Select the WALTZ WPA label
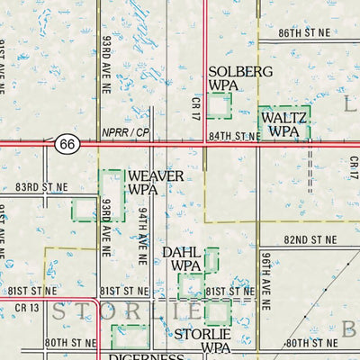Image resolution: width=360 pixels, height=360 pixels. (283, 124)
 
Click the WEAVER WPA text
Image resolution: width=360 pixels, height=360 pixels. (156, 183)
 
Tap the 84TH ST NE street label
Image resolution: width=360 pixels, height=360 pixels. (236, 136)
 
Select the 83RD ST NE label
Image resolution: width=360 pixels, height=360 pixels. (41, 185)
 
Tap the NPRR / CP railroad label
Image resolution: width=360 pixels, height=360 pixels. (124, 132)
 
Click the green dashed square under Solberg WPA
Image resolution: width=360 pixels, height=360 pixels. (219, 105)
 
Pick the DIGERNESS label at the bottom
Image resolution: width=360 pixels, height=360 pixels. (145, 356)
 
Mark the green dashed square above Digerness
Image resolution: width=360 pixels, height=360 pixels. (130, 337)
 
